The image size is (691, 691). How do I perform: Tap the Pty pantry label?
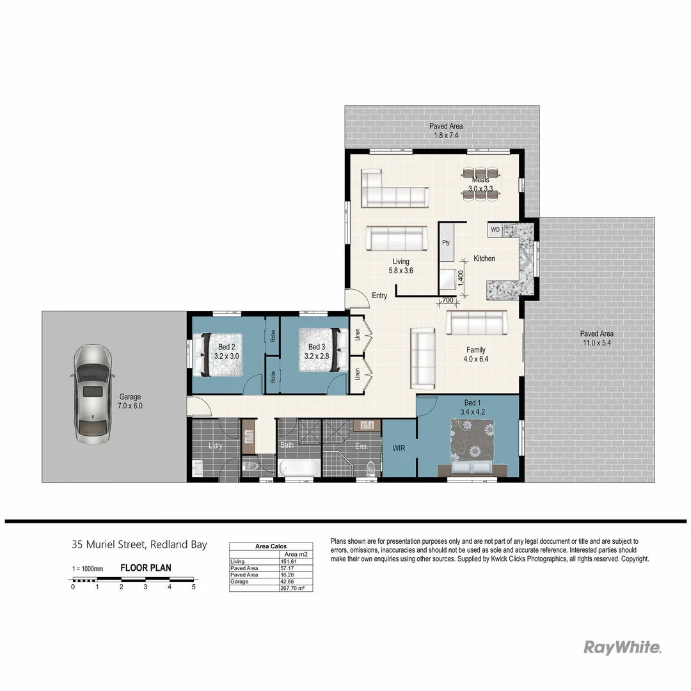[446, 242]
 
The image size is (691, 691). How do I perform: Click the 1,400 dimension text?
[460, 277]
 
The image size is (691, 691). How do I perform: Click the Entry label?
[379, 296]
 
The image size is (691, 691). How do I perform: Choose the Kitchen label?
[484, 258]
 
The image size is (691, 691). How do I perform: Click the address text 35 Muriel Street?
[139, 545]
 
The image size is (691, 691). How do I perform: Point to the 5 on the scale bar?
[193, 587]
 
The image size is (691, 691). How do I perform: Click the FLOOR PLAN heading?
[145, 568]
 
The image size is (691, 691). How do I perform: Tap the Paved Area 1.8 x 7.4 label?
[446, 131]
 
